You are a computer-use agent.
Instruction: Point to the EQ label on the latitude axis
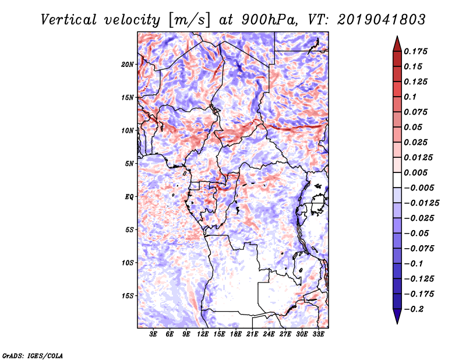[130, 197]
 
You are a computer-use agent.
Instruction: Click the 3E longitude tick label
[154, 334]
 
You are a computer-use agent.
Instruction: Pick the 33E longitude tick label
[319, 334]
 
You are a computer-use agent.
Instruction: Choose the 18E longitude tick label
[236, 334]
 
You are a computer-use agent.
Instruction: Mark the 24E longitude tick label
[269, 334]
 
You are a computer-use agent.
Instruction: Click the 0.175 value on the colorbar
[418, 52]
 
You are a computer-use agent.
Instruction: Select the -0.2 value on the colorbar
[416, 309]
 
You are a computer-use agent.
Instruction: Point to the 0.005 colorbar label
[418, 173]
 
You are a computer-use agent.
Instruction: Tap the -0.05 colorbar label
[418, 233]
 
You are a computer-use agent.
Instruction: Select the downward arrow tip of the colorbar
[397, 322]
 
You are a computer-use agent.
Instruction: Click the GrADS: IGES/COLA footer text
[32, 355]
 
